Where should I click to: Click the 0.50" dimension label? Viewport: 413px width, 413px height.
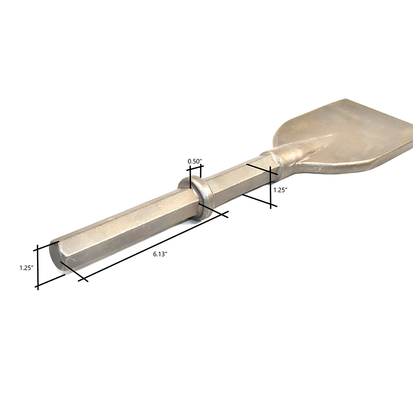click(x=195, y=161)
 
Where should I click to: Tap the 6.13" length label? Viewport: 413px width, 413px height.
click(x=160, y=254)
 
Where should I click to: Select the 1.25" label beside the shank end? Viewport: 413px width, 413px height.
click(x=26, y=268)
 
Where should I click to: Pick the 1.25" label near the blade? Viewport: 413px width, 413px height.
click(x=280, y=190)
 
